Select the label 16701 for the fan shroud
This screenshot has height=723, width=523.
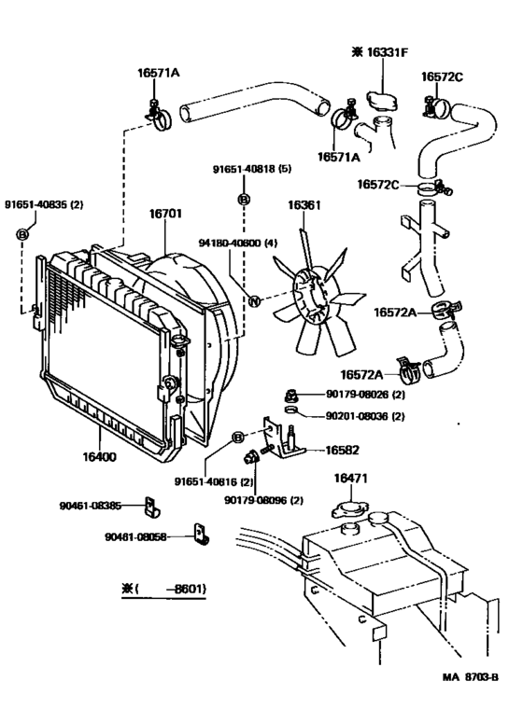coord(165,214)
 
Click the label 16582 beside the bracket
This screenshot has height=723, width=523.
coord(342,450)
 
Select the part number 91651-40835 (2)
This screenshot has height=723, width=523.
coord(44,203)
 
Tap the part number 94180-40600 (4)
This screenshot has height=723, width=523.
coord(233,243)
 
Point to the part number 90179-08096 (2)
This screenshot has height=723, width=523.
coord(263,500)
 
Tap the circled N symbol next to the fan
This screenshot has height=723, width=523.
coord(252,299)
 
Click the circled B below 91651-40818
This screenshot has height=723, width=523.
coord(244,200)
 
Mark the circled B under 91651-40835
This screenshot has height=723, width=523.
coord(23,233)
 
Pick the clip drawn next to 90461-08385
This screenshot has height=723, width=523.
coord(149,509)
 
